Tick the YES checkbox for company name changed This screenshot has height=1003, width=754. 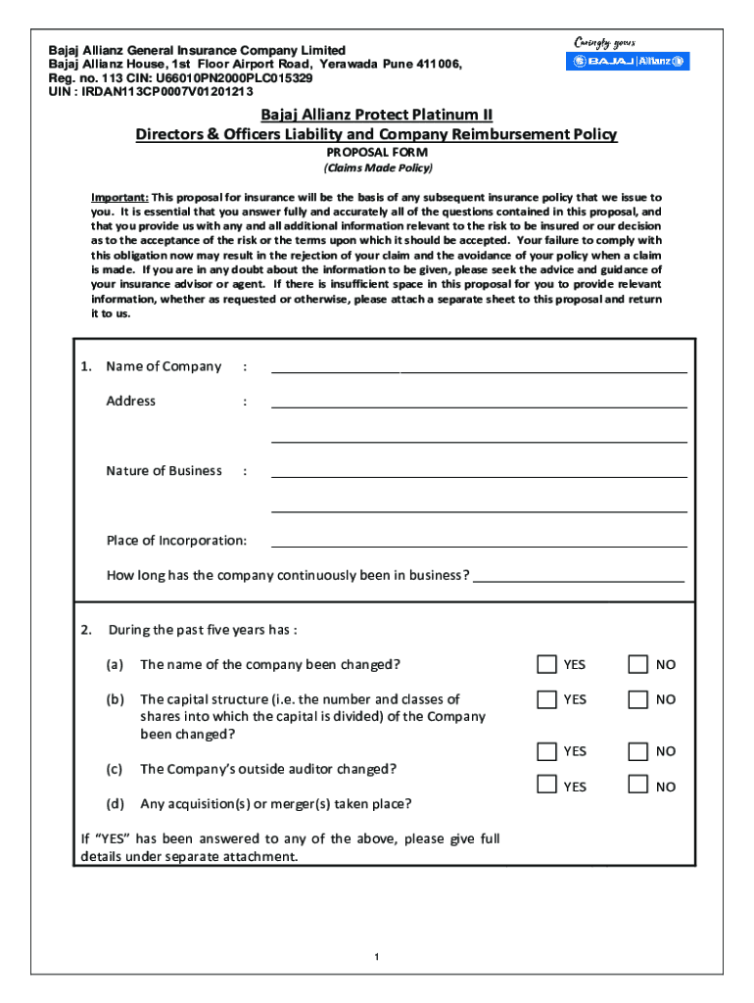546,664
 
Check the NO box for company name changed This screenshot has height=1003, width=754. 637,664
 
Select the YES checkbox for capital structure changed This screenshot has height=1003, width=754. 546,699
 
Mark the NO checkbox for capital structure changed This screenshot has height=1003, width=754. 637,699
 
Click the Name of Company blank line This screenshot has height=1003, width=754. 479,370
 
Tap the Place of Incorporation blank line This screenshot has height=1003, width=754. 479,544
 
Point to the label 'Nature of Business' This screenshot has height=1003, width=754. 164,471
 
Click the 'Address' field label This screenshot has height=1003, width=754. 130,401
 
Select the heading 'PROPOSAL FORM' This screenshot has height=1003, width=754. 377,153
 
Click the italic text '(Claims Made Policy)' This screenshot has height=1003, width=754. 377,168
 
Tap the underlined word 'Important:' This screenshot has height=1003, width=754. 119,197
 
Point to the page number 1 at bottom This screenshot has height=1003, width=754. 376,957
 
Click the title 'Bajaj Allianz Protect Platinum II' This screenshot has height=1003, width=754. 377,116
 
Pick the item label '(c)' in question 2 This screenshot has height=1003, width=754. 115,769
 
